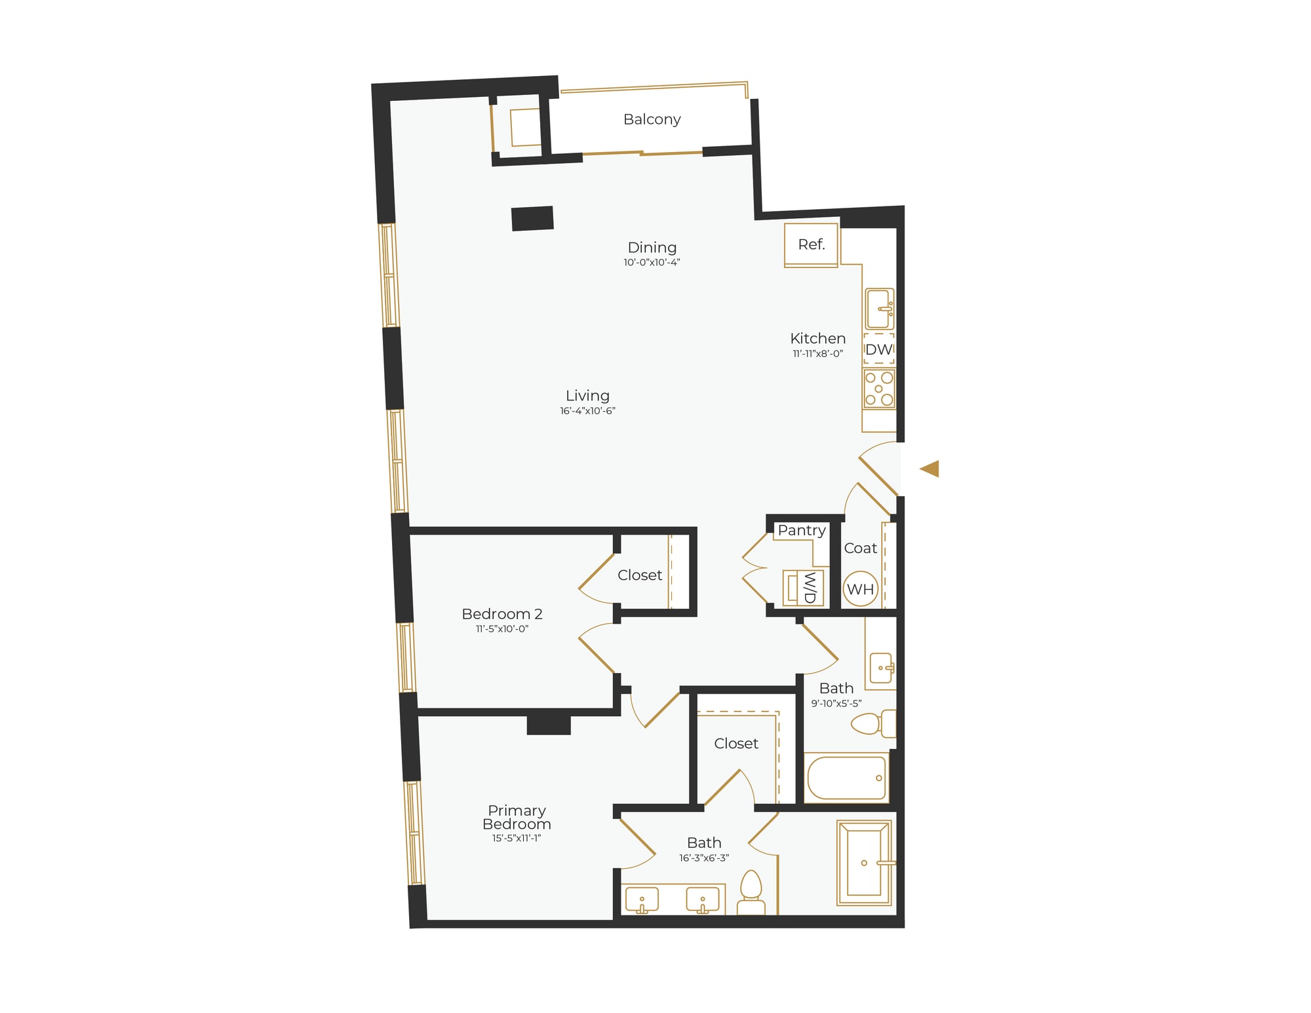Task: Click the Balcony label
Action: pos(652,119)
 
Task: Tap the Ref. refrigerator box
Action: pos(811,245)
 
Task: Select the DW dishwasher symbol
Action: pos(878,349)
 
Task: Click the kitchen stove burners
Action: pos(878,389)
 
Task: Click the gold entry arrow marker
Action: pos(930,468)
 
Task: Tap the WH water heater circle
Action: pos(860,589)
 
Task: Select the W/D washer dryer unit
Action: pos(804,587)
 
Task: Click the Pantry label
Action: pos(801,530)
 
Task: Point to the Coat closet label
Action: pos(860,548)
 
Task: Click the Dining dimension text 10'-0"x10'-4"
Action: pos(652,263)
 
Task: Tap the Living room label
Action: pos(587,396)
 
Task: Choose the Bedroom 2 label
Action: pos(502,614)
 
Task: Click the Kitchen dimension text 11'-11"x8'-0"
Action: pos(817,354)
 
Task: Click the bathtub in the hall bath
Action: pos(846,778)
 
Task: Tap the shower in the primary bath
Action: pos(864,862)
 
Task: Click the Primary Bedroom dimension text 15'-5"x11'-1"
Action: pos(517,838)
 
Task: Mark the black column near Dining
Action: pos(532,218)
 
